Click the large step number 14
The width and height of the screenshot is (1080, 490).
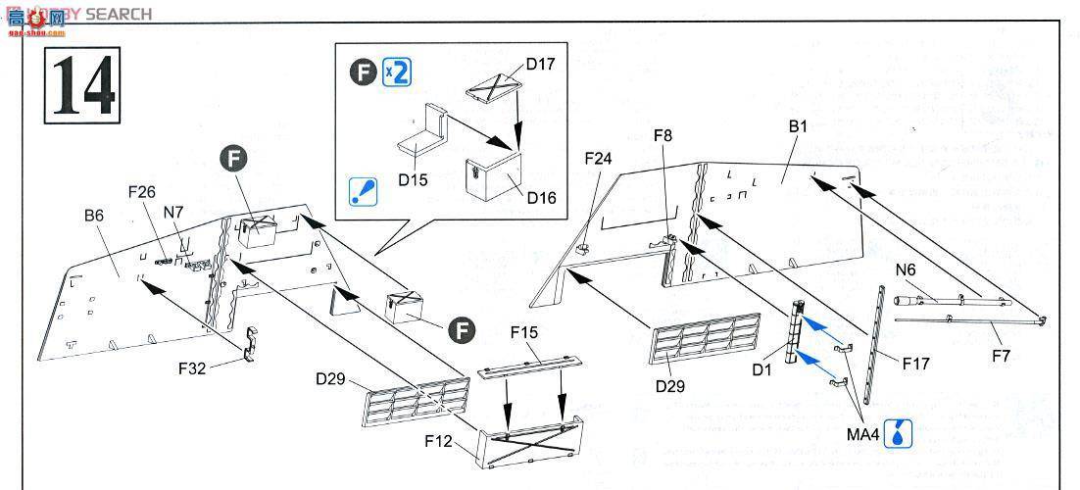[81, 85]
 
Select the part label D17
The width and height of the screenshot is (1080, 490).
[540, 65]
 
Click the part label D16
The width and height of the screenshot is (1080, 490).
[540, 198]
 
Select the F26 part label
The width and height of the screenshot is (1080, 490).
[141, 192]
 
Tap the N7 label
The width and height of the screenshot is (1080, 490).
[173, 211]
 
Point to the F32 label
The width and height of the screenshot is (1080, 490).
[194, 368]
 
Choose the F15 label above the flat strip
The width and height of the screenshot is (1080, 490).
[524, 333]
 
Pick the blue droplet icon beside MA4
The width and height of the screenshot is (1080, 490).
[896, 431]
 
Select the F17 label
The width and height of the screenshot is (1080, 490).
[916, 364]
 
